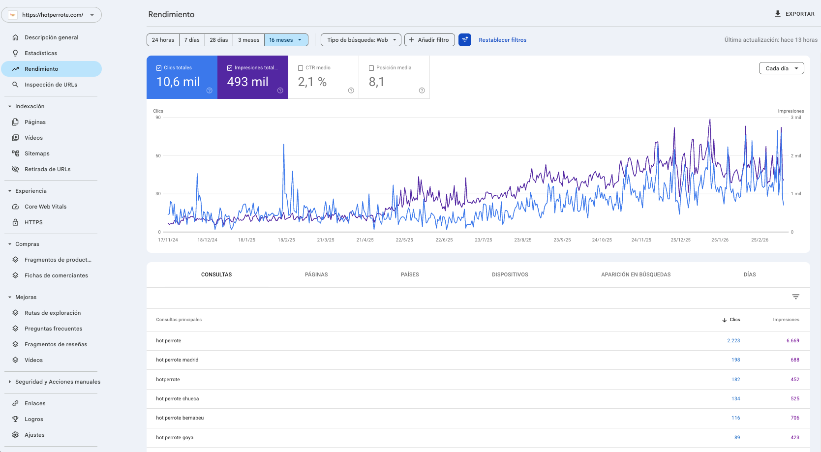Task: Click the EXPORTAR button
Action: [794, 14]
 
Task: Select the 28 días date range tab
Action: [219, 40]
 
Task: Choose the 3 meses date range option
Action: [248, 40]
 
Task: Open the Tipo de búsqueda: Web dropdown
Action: [361, 40]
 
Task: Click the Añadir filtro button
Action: [429, 40]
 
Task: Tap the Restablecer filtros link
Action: [502, 40]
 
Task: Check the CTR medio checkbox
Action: [301, 68]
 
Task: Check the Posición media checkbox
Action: [371, 68]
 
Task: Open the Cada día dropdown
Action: [781, 68]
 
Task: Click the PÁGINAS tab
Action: [316, 274]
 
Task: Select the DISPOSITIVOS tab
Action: [510, 274]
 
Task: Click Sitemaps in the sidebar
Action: [37, 153]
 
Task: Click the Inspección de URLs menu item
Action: [51, 85]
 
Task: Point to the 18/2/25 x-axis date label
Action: [286, 240]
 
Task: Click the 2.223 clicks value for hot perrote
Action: [733, 340]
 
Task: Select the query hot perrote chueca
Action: [178, 398]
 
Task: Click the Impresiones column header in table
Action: [786, 320]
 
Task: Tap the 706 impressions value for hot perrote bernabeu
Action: [795, 418]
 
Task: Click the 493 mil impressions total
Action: [248, 82]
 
